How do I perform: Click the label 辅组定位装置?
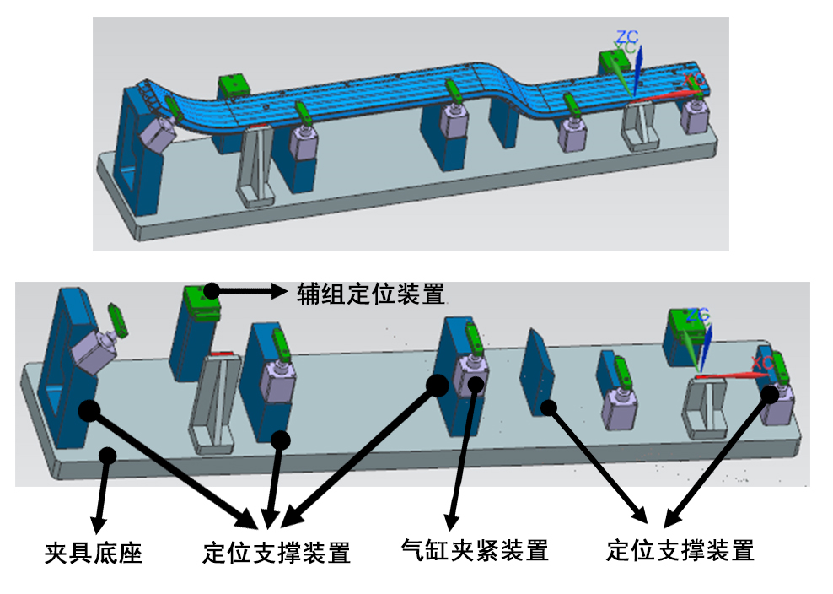pos(371,294)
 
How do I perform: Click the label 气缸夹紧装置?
pos(476,551)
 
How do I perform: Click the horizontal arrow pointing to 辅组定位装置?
pos(253,291)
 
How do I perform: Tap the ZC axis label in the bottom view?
pos(697,316)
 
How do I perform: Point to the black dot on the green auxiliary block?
pos(211,290)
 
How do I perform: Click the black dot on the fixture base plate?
pos(107,455)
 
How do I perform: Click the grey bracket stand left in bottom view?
pos(212,405)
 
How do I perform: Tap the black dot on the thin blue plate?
pos(550,407)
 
